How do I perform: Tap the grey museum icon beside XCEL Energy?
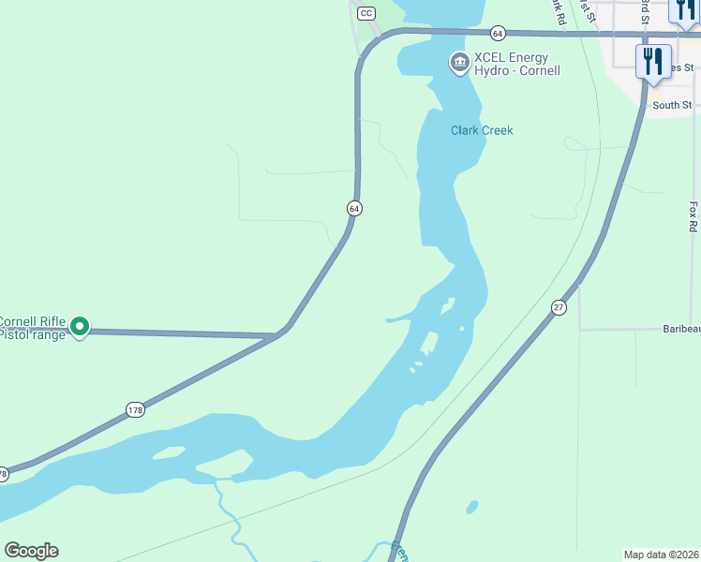click(x=459, y=63)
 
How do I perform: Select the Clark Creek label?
click(x=482, y=130)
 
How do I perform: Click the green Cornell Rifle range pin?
click(x=81, y=327)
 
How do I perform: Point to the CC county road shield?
click(x=366, y=13)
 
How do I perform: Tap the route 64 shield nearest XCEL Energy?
click(x=498, y=33)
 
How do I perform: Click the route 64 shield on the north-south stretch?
click(x=353, y=208)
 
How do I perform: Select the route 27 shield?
click(x=559, y=307)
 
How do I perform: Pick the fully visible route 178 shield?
click(x=135, y=409)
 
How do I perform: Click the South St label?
click(x=672, y=105)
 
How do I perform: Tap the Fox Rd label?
click(x=693, y=216)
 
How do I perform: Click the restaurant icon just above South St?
click(x=653, y=62)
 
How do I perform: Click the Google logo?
click(x=32, y=551)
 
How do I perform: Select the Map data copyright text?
click(x=661, y=554)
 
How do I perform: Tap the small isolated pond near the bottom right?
click(x=472, y=507)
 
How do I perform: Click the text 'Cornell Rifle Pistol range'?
click(x=34, y=327)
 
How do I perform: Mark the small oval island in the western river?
click(x=169, y=453)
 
